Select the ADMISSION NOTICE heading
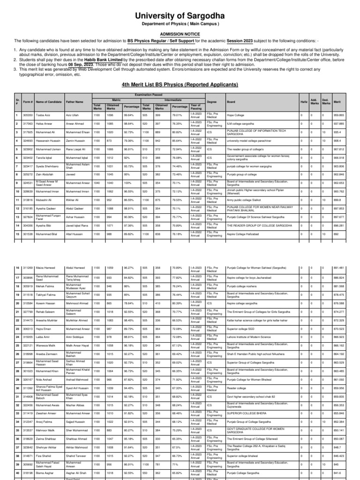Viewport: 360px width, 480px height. click(x=180, y=34)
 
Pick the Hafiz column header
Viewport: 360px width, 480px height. click(x=304, y=101)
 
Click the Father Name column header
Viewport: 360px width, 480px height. click(x=75, y=101)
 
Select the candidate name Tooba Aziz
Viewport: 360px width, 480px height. click(x=43, y=114)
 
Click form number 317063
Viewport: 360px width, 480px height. click(x=28, y=124)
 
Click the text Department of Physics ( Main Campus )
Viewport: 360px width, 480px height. click(x=180, y=24)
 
